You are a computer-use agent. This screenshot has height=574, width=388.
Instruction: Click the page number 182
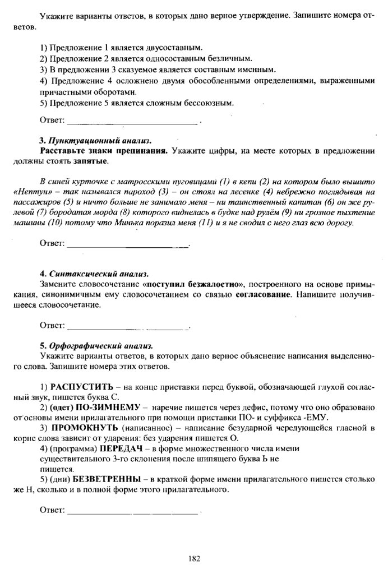click(x=195, y=558)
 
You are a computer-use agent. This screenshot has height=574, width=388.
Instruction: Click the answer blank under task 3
click(x=128, y=244)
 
